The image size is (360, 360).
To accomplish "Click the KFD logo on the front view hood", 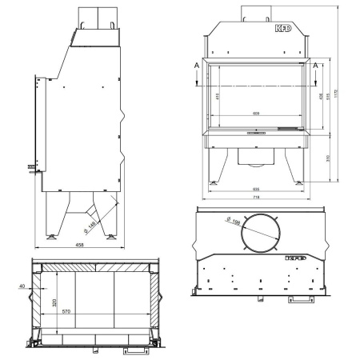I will [x=283, y=37].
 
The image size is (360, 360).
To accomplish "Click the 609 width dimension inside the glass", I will [x=255, y=113].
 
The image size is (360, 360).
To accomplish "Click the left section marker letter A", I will [x=196, y=64].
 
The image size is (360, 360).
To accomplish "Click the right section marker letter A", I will [x=317, y=64].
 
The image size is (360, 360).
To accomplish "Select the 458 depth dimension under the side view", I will [x=81, y=244].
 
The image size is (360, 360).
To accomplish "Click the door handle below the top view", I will [x=302, y=300].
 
